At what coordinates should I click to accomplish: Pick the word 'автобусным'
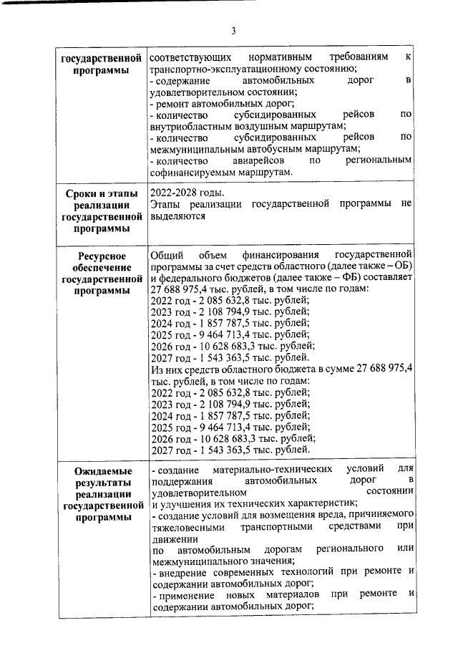(276, 149)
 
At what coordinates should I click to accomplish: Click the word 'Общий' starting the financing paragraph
(167, 256)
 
